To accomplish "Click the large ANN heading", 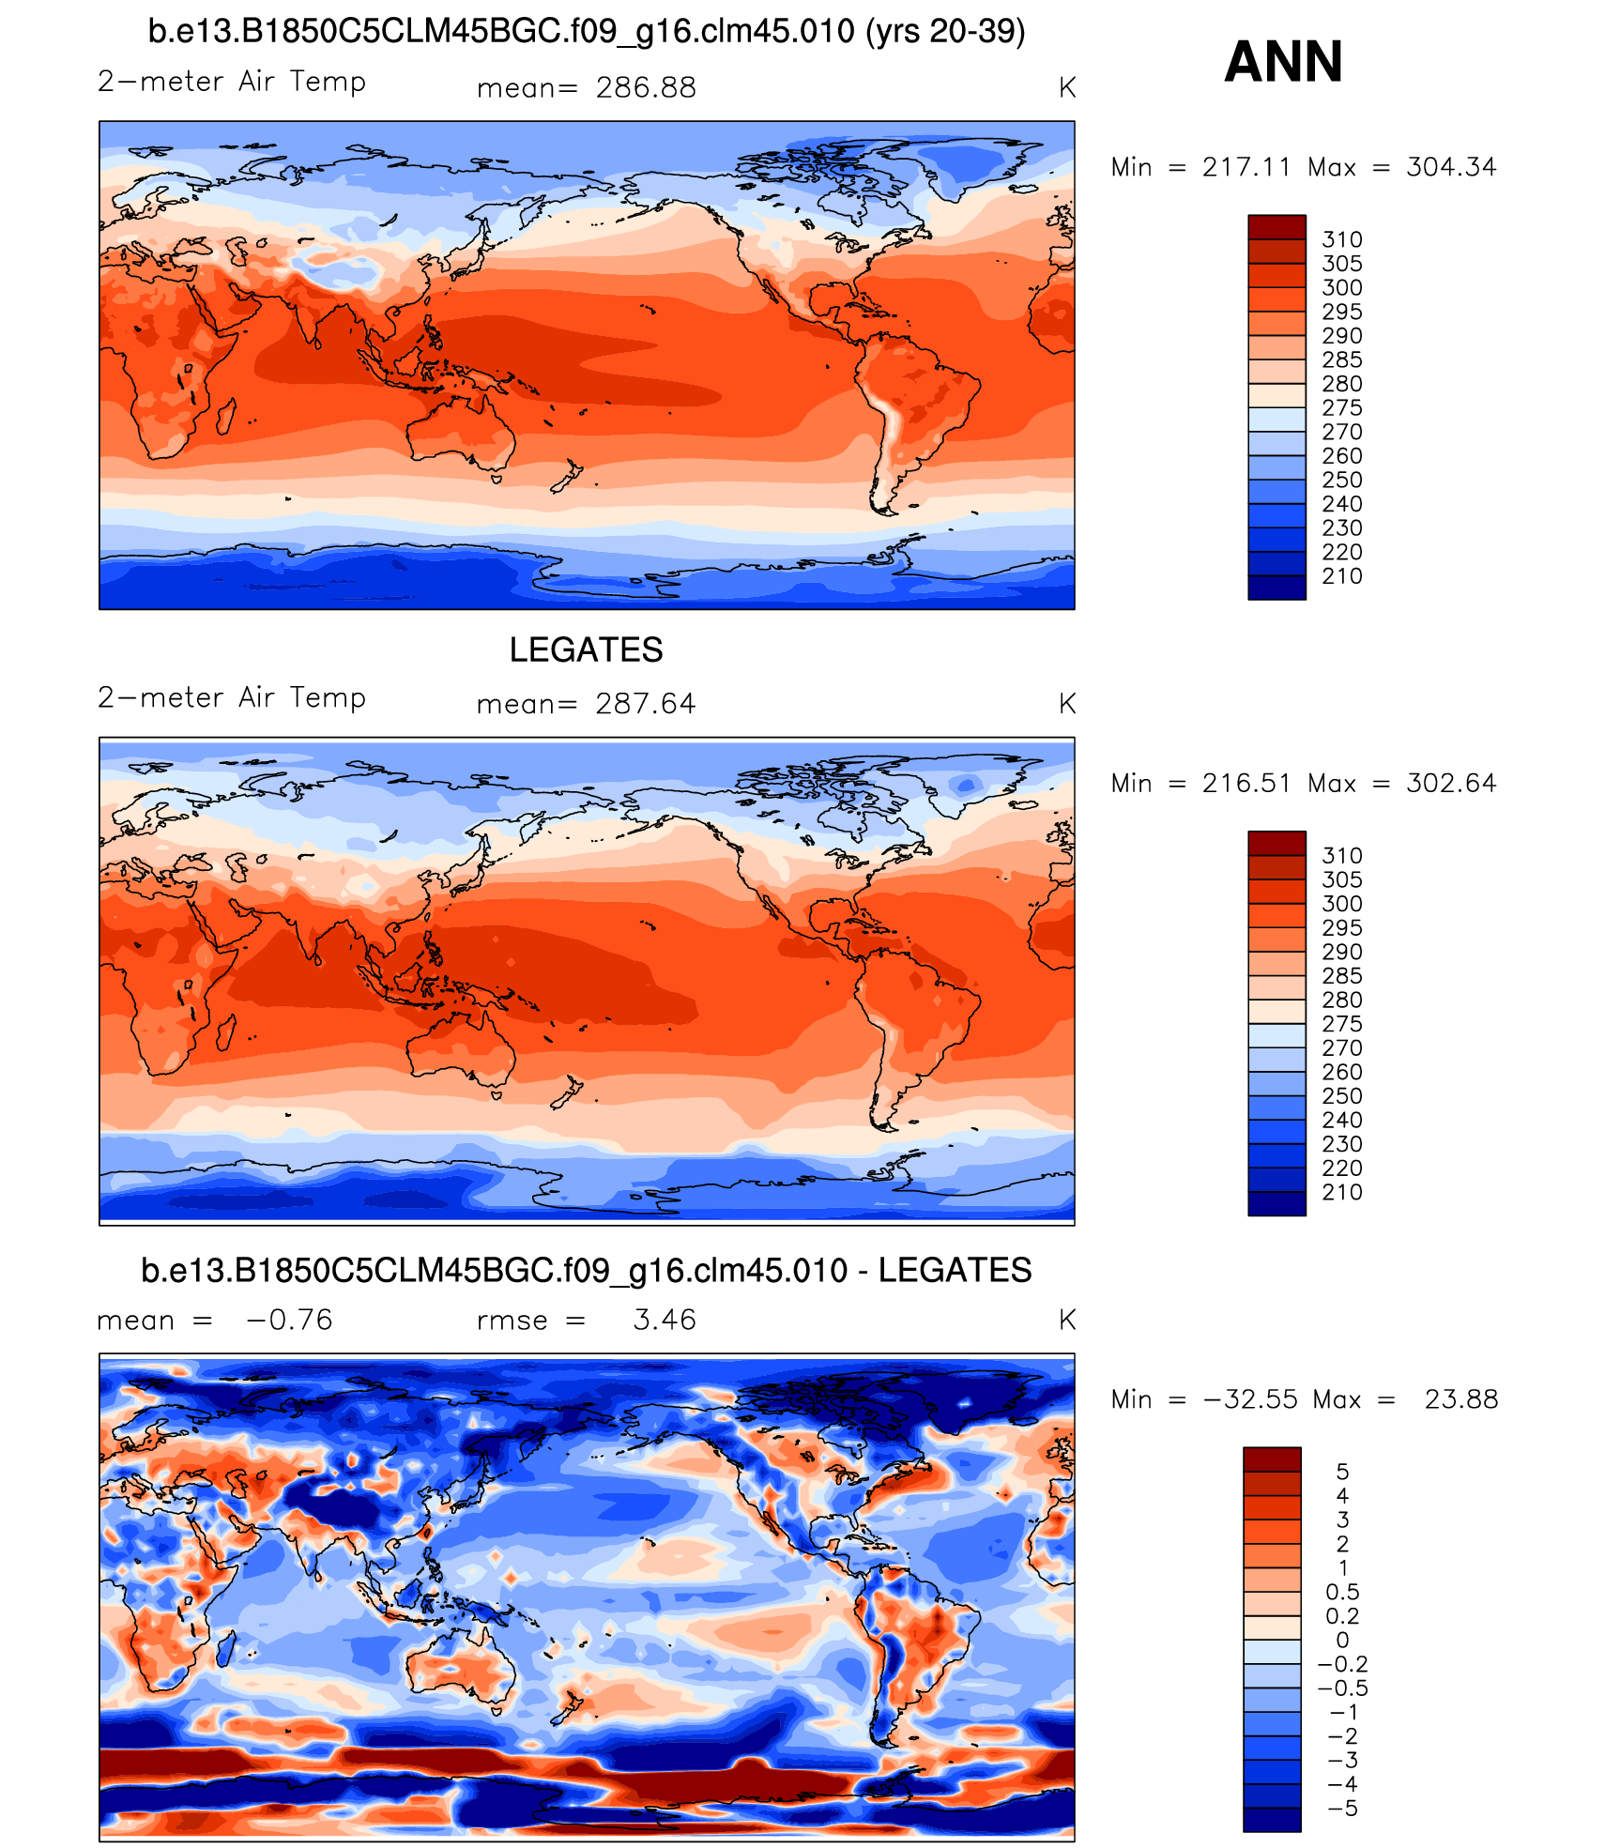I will [x=1283, y=62].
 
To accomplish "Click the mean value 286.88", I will [x=646, y=88].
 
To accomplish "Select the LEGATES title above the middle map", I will [x=586, y=649].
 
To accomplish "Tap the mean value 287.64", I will [x=646, y=704].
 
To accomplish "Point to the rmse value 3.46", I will [x=665, y=1321].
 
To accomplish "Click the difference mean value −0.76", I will [x=289, y=1321].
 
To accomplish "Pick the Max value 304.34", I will [x=1451, y=167].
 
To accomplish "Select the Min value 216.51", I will [x=1246, y=784].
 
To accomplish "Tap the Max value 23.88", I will [x=1461, y=1400].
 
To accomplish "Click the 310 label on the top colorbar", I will [x=1342, y=240].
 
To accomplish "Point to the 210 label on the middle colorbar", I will [x=1342, y=1193].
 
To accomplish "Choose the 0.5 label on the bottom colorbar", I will [x=1342, y=1593].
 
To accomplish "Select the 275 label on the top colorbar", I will [x=1342, y=408].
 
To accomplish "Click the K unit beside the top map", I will [x=1067, y=88].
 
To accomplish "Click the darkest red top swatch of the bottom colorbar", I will [x=1272, y=1459].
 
